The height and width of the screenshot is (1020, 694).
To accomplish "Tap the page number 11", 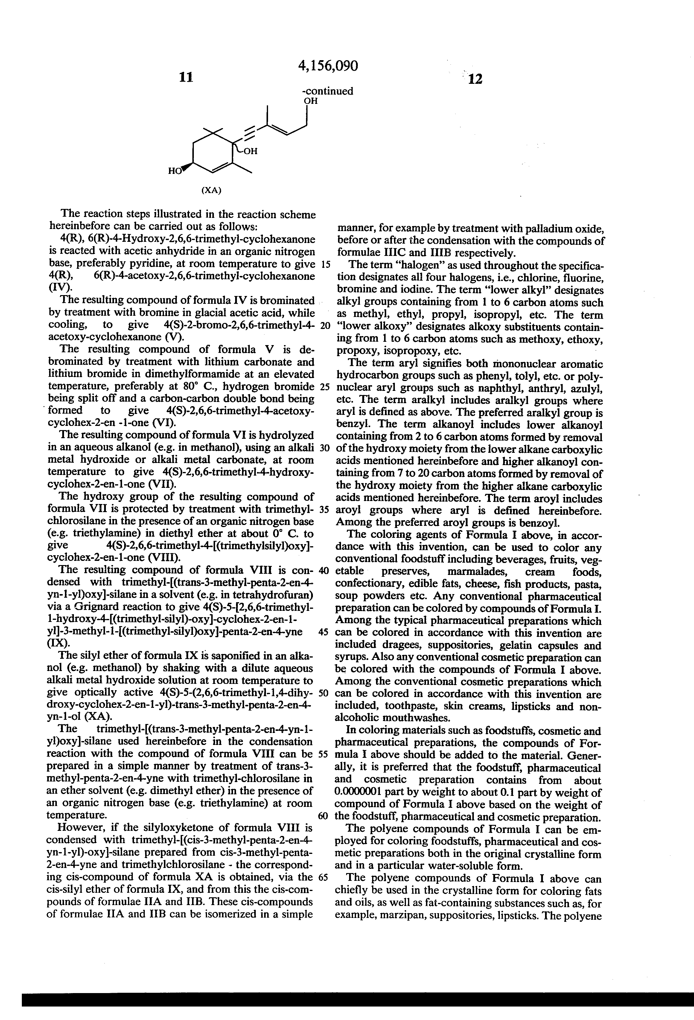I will coord(186,77).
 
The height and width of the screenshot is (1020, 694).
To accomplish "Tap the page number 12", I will coord(475,79).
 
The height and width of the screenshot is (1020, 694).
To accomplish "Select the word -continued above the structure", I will coord(327,91).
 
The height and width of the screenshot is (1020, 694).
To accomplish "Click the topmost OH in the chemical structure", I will coord(311,101).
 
